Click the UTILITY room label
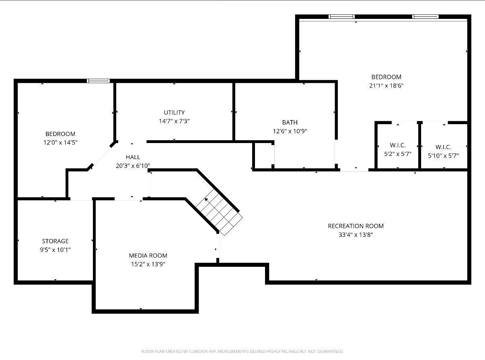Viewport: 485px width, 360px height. [x=174, y=112]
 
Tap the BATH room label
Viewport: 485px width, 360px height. [x=290, y=122]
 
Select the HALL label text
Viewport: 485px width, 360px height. [x=133, y=157]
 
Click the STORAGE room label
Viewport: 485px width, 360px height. [x=55, y=241]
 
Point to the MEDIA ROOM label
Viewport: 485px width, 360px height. [x=148, y=256]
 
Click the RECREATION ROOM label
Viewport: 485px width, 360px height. [x=356, y=226]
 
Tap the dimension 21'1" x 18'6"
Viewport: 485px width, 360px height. [x=386, y=86]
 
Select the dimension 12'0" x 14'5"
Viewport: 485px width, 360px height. [x=60, y=143]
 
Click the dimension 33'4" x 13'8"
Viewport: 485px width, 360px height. [x=356, y=235]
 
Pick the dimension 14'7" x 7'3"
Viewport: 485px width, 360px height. [x=174, y=121]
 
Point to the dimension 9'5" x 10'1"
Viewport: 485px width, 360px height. [x=55, y=250]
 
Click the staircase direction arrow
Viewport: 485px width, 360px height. [x=206, y=199]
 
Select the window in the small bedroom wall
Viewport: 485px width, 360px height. [x=99, y=81]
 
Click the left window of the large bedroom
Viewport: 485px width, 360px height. [x=342, y=17]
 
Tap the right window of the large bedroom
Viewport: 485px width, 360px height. [x=425, y=17]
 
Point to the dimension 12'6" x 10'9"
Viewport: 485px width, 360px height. [x=290, y=131]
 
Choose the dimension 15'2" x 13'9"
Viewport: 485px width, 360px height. [x=148, y=264]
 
